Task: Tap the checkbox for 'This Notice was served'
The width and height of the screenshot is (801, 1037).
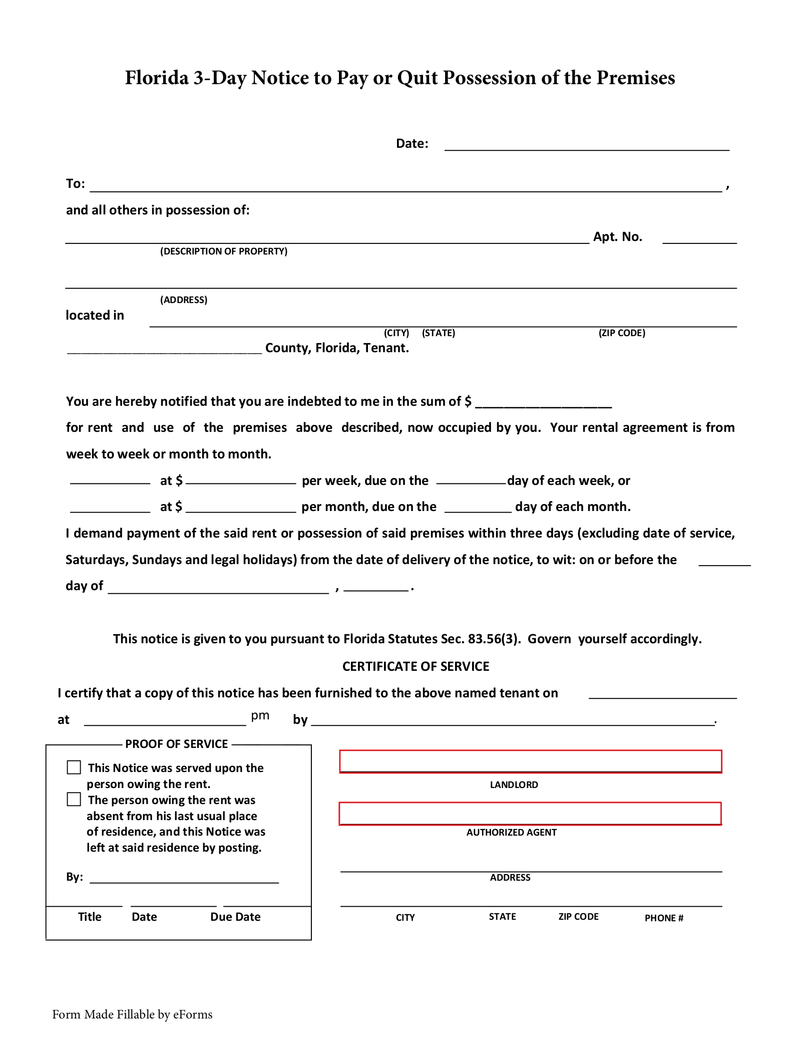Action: (74, 767)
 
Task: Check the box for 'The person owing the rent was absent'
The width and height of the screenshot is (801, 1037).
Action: (74, 799)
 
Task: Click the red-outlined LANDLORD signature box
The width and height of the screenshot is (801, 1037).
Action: (530, 761)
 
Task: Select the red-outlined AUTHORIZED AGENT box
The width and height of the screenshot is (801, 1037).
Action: (530, 814)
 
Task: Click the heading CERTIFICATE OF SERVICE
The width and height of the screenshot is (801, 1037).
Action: (416, 666)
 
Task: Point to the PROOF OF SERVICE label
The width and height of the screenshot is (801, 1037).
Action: (176, 744)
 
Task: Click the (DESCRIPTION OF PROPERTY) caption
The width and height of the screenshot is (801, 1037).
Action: (224, 251)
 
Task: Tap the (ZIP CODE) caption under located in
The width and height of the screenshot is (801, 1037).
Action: (622, 333)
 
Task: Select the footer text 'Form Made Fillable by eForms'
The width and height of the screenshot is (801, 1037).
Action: (132, 1014)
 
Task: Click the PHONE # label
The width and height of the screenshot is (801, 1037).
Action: (664, 918)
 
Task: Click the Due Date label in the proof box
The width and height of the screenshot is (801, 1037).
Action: (235, 917)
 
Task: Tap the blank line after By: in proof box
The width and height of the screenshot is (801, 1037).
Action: (184, 877)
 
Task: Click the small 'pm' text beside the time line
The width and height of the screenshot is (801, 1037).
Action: (260, 715)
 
